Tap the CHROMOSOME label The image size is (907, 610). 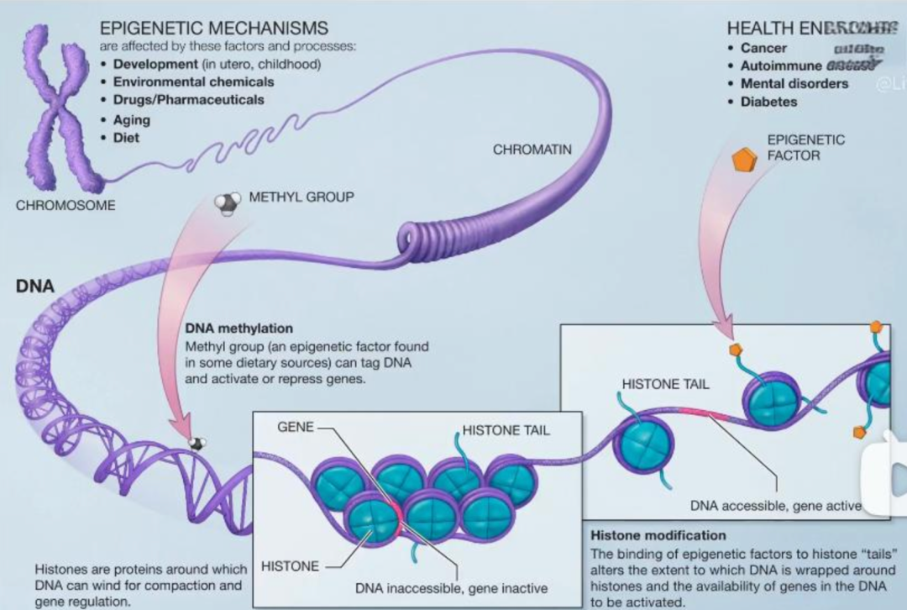click(66, 205)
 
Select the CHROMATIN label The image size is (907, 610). click(532, 150)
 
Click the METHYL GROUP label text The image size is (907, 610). click(301, 197)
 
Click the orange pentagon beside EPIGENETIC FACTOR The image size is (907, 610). click(743, 159)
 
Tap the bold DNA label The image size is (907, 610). click(35, 287)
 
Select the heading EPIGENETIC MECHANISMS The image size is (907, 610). click(213, 29)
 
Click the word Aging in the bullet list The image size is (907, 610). click(132, 119)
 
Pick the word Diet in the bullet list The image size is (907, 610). click(126, 138)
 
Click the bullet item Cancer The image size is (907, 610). click(763, 48)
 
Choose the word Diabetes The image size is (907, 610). click(768, 102)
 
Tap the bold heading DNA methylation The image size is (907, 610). click(239, 329)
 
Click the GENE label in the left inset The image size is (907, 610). click(295, 427)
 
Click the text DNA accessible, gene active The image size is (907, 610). click(775, 505)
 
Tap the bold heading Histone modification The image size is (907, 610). click(658, 535)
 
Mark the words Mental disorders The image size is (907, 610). click(794, 83)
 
